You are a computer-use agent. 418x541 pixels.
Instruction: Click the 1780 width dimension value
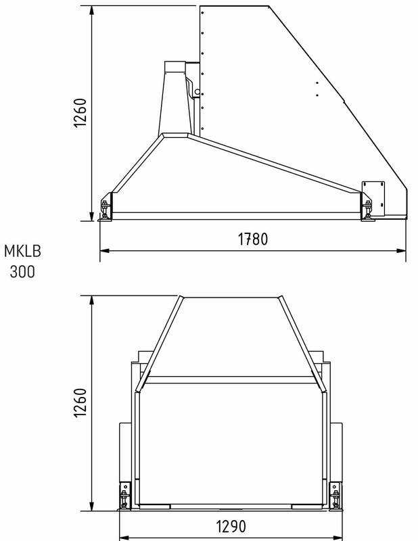(253, 239)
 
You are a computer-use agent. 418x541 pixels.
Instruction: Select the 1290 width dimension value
(231, 527)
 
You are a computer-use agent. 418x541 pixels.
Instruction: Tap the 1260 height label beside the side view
(80, 112)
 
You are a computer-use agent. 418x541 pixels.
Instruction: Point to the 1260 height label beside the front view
(80, 402)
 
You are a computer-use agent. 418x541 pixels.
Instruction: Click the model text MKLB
(22, 251)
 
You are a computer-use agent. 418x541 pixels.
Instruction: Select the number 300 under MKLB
(22, 272)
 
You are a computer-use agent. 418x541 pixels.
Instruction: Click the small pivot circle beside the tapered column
(197, 92)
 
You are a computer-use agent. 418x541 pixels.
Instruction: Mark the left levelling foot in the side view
(106, 209)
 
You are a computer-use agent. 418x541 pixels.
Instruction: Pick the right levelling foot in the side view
(367, 209)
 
